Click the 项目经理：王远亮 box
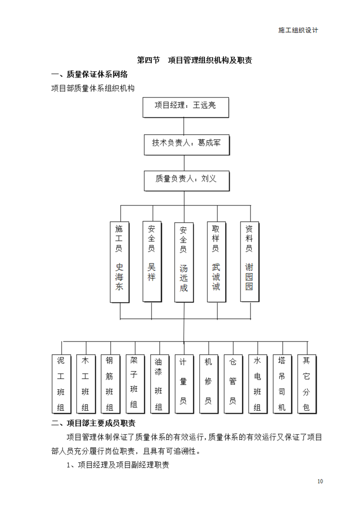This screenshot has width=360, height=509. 186,108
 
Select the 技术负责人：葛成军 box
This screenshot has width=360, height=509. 187,145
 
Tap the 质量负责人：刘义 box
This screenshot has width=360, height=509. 187,181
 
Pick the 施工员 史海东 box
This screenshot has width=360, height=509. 119,262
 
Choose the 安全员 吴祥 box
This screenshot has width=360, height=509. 152,262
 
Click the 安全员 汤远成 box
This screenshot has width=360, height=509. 184,262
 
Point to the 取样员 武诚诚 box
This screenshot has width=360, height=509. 217,262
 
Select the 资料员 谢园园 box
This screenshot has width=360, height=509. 250,262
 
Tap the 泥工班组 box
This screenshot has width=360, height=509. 61,384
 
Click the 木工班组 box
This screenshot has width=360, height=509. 86,384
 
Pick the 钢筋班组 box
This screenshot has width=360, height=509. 110,384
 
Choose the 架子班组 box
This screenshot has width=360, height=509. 135,384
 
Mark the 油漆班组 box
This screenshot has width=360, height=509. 159,384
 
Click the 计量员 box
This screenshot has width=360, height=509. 184,384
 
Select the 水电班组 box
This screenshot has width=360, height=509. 258,384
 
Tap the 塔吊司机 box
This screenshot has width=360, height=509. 282,384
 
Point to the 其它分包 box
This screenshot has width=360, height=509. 307,384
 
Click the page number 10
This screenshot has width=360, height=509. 320,481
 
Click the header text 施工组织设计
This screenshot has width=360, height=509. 298,30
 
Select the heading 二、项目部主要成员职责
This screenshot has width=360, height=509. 93,423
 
